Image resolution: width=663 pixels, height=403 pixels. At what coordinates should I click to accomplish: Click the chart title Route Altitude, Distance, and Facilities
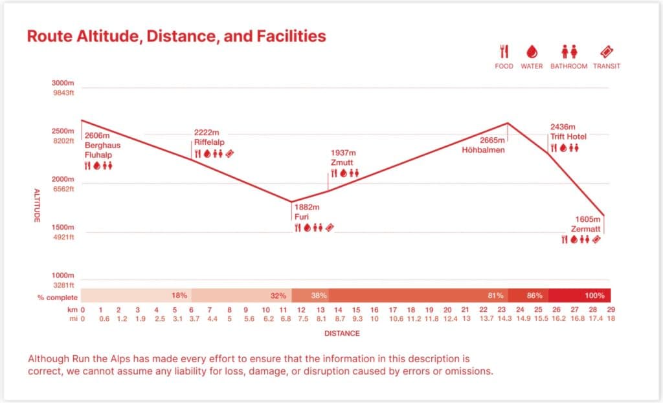point(176,36)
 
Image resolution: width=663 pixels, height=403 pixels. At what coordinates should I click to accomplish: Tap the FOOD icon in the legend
point(504,52)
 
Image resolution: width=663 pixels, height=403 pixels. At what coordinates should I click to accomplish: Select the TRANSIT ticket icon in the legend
point(607,52)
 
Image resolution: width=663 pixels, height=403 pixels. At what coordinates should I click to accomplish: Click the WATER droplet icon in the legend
point(532,52)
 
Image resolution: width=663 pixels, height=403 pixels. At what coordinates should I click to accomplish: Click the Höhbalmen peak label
point(482,150)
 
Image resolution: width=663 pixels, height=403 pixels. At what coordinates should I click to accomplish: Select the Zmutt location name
point(342,162)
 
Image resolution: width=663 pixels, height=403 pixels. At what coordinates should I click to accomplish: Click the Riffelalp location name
point(208,142)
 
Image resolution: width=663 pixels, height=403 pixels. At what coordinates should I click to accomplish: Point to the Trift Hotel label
point(568,137)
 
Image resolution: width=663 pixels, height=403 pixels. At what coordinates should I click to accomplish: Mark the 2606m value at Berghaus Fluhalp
point(97,136)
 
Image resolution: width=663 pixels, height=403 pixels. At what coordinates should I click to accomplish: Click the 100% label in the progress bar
point(594,296)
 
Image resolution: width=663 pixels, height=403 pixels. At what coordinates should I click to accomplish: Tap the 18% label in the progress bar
point(179,296)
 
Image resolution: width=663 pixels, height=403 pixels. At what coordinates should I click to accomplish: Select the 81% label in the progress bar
point(496,296)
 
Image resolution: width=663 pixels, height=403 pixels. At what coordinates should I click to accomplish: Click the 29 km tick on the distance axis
point(611,310)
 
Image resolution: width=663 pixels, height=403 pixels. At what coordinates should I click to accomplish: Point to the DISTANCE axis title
point(342,334)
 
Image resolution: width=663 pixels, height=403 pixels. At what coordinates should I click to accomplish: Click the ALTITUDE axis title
point(37,206)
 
